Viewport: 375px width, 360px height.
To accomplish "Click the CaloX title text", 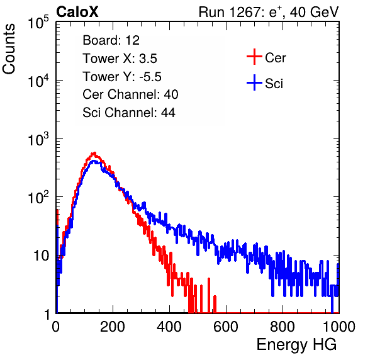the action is click(x=77, y=12).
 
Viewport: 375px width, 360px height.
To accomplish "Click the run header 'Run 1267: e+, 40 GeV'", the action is click(x=269, y=12).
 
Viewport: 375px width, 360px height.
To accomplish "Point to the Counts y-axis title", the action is click(x=9, y=49).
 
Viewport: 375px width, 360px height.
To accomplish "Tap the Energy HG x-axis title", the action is click(x=296, y=345).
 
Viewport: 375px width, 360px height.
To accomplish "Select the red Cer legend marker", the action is click(x=254, y=57).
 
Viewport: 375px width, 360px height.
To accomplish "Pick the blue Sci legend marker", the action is click(x=254, y=82).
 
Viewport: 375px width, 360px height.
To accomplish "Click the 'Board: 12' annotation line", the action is click(x=111, y=40).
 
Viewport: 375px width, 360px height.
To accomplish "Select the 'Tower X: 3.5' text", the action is click(x=120, y=59).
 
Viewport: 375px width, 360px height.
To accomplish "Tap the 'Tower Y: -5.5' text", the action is click(x=122, y=77).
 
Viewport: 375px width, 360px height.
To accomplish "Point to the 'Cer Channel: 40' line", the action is click(x=130, y=94).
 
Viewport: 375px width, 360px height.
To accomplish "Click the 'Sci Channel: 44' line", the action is click(x=129, y=113).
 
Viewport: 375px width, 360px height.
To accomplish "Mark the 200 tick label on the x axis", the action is click(x=113, y=327).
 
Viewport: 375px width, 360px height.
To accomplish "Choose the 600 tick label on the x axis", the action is click(x=226, y=327).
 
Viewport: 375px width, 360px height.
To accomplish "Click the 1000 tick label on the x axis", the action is click(x=339, y=327).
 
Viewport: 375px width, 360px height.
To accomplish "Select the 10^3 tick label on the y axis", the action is click(x=38, y=139).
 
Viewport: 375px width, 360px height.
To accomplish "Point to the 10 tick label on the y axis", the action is click(x=42, y=256).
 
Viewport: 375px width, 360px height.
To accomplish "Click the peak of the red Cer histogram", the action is click(x=94, y=153).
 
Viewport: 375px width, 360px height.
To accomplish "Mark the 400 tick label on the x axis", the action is click(x=169, y=327).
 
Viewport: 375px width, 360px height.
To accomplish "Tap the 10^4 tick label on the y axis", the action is click(x=38, y=81).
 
